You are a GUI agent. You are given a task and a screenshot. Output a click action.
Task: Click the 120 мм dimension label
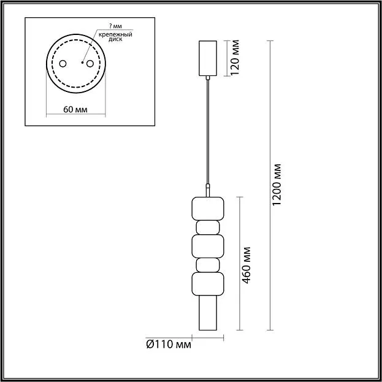[x=234, y=58]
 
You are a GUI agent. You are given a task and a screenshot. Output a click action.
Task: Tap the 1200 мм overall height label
[x=277, y=185]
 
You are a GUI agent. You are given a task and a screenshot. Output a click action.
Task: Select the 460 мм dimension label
[x=246, y=265]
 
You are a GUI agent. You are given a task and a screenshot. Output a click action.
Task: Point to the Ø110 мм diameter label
[x=169, y=344]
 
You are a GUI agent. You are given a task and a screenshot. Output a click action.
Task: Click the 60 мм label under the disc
[x=75, y=110]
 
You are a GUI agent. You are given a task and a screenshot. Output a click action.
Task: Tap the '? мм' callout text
[x=115, y=26]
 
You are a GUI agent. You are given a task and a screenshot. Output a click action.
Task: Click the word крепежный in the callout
[x=115, y=34]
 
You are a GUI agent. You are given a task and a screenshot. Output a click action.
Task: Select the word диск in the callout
[x=115, y=39]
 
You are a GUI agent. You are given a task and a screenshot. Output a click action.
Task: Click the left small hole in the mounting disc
[x=63, y=64]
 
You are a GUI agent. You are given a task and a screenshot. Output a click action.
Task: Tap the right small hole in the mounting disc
[x=90, y=64]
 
